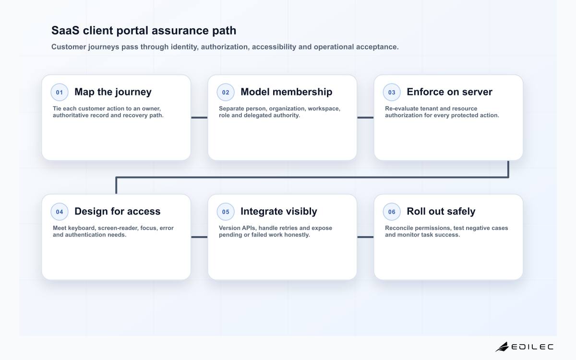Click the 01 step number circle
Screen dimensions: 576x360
click(x=60, y=92)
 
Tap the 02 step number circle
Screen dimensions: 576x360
click(x=226, y=92)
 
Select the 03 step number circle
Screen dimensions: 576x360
click(x=392, y=92)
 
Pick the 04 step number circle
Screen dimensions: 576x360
click(x=60, y=212)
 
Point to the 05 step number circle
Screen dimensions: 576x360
click(x=226, y=212)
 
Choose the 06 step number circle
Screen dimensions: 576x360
click(x=392, y=212)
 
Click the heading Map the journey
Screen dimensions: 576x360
click(x=113, y=92)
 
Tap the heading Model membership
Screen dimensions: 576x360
click(x=287, y=92)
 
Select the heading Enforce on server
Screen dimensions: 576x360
click(x=449, y=92)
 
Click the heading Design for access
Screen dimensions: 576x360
click(x=118, y=211)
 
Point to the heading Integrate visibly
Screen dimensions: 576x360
click(x=279, y=212)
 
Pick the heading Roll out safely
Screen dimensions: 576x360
click(x=441, y=212)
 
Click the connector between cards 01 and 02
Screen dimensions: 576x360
click(x=199, y=118)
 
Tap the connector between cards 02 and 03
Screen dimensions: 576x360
click(x=365, y=118)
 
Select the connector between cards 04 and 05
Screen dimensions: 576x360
click(x=199, y=237)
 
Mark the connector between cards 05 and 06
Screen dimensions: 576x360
click(x=365, y=237)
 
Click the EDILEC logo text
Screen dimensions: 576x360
click(x=532, y=347)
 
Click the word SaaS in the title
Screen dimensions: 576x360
click(x=65, y=30)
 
